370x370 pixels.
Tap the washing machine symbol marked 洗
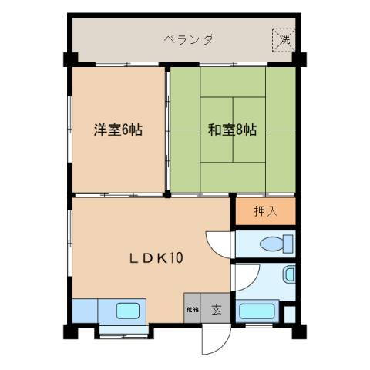coord(283,40)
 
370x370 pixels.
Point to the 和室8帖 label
coord(231,129)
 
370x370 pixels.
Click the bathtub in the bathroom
coord(258,312)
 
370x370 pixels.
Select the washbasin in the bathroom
coord(289,274)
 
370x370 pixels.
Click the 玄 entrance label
coord(217,311)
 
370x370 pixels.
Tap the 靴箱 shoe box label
coord(191,311)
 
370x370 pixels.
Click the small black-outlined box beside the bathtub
coord(289,314)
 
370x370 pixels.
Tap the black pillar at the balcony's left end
coord(69,59)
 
